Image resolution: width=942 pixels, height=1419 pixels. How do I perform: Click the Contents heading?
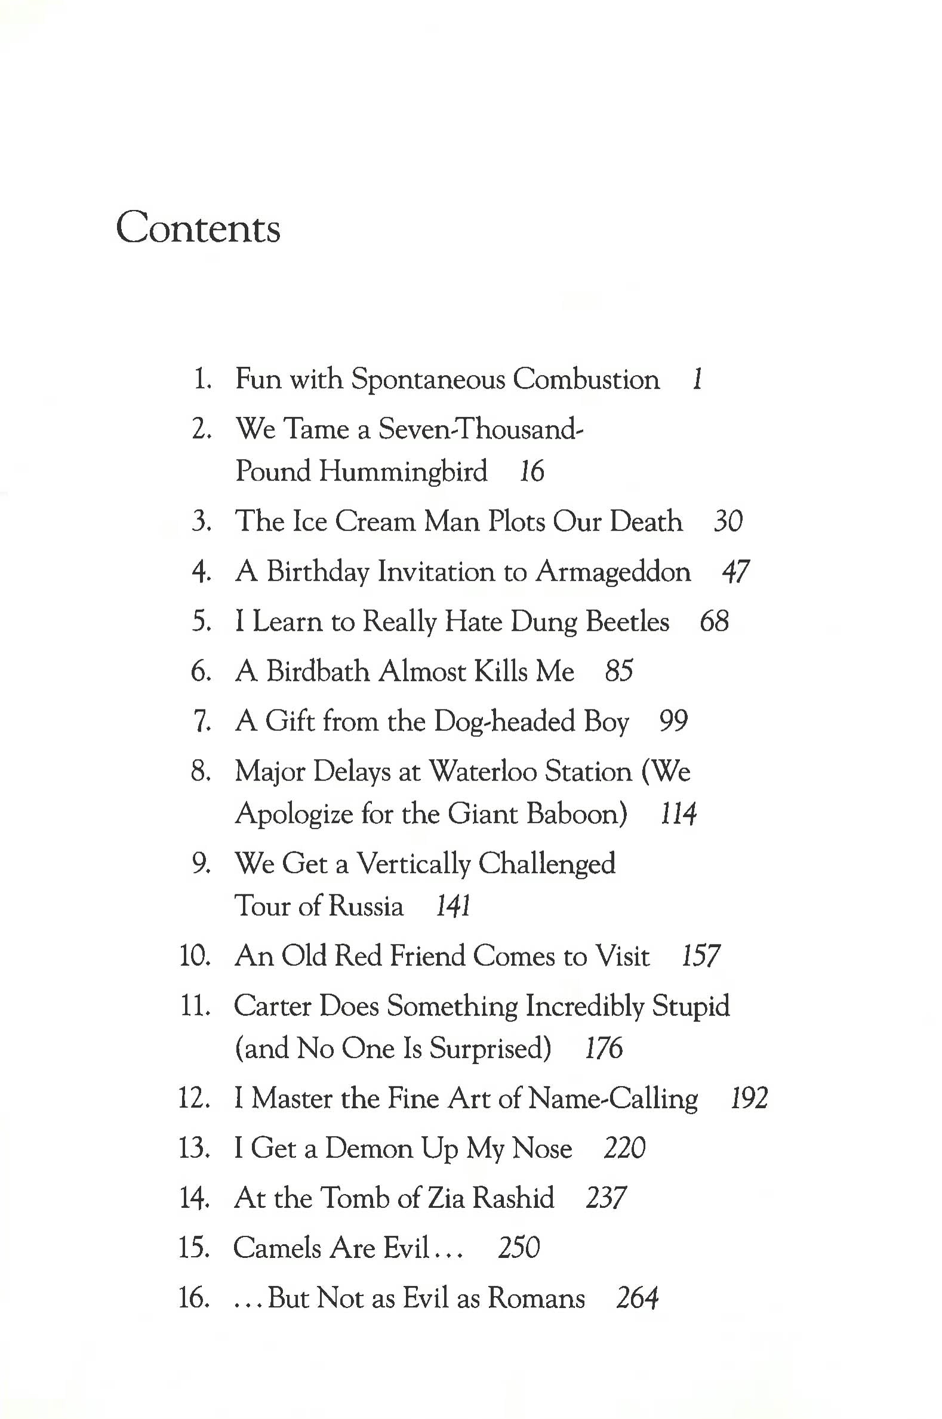(198, 227)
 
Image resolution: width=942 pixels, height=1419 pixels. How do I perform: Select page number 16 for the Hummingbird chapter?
(531, 471)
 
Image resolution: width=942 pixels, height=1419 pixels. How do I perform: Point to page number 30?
(728, 522)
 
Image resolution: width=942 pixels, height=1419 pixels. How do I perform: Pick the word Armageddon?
(613, 572)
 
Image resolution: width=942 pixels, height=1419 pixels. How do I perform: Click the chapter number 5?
(201, 622)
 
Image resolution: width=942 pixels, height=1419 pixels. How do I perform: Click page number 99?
(673, 721)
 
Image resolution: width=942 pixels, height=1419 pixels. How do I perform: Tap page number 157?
(700, 956)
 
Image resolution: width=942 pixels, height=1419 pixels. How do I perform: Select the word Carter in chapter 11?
(272, 1006)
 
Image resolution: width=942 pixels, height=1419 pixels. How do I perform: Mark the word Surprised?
(490, 1048)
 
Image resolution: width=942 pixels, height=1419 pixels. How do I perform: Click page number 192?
(749, 1099)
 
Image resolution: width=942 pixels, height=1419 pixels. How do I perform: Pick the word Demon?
(369, 1148)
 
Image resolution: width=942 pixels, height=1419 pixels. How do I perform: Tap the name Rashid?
(513, 1198)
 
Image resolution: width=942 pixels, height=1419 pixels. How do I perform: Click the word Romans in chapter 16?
(536, 1298)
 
